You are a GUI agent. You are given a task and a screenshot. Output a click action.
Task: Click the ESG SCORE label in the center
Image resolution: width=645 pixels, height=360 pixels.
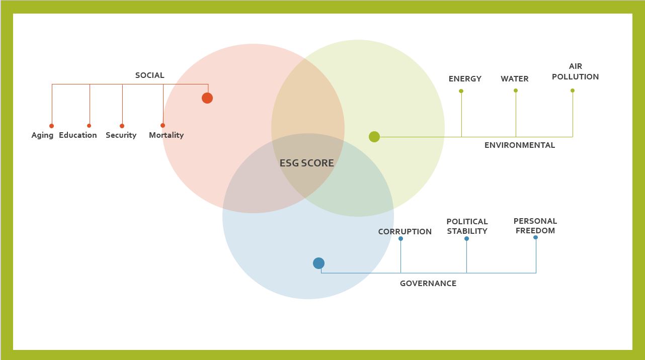point(306,163)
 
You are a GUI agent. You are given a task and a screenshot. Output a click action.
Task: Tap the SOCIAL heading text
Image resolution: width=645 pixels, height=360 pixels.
point(149,75)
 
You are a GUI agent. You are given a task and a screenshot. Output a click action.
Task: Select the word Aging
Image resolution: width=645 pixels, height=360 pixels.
point(42,135)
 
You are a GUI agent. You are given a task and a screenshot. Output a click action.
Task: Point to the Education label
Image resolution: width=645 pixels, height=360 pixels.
point(78,135)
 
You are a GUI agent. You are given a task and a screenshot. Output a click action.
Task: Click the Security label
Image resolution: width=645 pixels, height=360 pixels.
point(121,135)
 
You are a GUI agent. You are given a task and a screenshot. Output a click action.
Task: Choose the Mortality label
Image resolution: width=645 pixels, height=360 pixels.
point(166,135)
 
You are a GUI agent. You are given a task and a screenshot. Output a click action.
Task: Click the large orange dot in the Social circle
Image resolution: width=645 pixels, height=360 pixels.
point(207,98)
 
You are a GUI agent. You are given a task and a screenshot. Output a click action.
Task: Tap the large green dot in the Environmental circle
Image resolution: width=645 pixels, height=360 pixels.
point(374,137)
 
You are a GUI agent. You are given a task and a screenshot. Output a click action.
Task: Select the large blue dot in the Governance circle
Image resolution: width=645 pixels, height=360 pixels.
point(318,263)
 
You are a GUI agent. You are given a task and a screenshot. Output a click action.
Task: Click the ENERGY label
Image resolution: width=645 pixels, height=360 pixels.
point(465,79)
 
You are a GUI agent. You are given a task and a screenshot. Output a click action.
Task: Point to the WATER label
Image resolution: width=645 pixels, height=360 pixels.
point(514,79)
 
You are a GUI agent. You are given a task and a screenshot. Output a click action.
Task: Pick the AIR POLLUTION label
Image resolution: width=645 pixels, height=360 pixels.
point(575,71)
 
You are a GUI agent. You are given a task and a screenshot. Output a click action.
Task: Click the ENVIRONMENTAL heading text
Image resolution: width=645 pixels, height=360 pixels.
point(519,145)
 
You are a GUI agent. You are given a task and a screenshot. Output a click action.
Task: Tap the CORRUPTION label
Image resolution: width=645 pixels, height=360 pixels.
point(405,232)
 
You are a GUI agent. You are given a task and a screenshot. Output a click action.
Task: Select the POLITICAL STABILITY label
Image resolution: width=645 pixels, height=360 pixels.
point(467,226)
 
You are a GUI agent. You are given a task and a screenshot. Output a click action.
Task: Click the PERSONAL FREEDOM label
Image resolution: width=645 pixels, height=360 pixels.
point(535,226)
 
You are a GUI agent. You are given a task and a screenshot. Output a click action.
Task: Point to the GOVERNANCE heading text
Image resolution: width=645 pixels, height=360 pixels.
point(428,284)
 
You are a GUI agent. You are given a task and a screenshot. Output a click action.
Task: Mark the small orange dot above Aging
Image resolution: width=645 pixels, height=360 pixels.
point(51,126)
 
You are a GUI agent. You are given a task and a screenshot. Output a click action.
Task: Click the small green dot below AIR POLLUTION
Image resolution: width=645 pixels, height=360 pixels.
point(573,91)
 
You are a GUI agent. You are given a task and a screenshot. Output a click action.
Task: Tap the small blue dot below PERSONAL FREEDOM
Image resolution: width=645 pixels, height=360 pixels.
point(535,237)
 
